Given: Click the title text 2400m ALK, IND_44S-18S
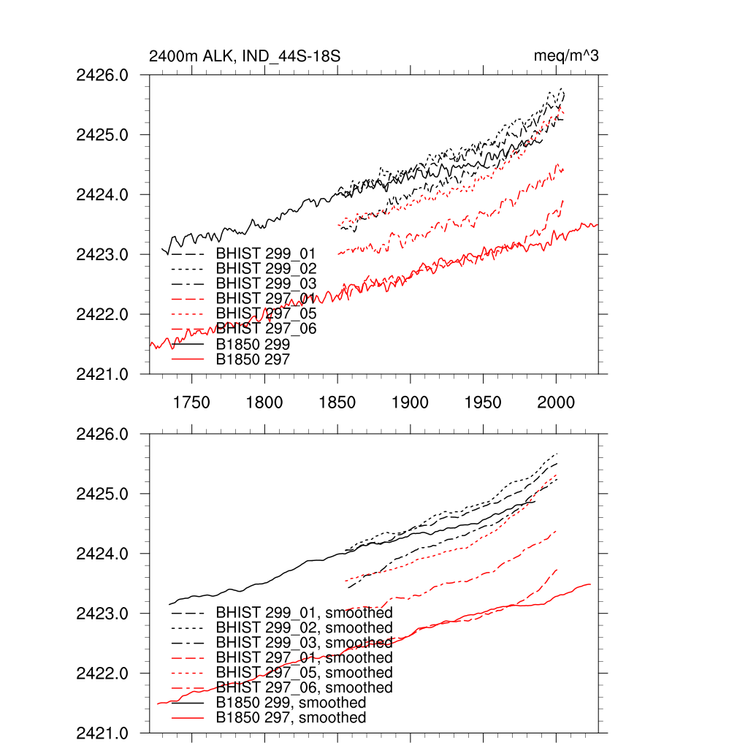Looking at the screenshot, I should point(244,56).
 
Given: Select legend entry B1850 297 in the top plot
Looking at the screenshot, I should point(253,359).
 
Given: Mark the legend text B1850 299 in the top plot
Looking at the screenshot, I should point(253,344).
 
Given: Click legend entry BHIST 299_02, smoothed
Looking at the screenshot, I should point(304,627).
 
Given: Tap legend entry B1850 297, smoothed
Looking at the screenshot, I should point(291,718).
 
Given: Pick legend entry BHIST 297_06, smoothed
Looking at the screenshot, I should point(304,687).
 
